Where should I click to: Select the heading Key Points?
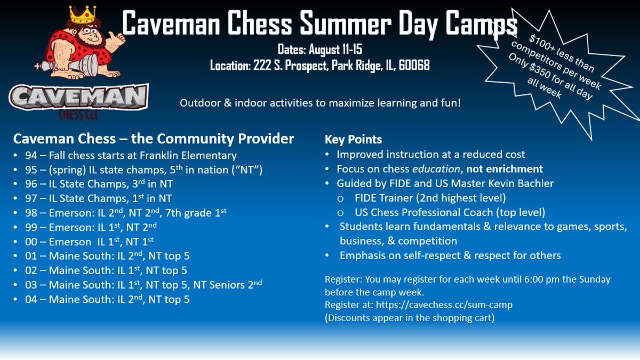[354, 140]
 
